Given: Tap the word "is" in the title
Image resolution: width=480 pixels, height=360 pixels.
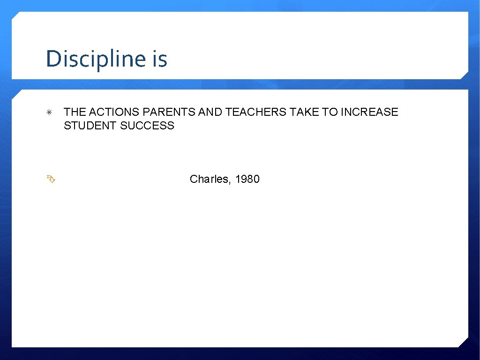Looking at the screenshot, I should (159, 59).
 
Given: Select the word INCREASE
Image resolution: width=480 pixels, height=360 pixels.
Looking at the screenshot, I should (369, 112).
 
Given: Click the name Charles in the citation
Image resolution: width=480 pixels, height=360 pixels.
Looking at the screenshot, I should (209, 179).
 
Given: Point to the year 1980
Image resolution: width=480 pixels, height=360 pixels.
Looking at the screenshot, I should (247, 179).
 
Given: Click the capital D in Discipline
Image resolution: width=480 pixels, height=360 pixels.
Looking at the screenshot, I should (52, 59).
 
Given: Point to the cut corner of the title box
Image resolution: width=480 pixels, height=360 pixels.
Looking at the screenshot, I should (464, 75).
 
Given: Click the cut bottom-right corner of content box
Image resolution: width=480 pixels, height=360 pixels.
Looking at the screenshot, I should (464, 343).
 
